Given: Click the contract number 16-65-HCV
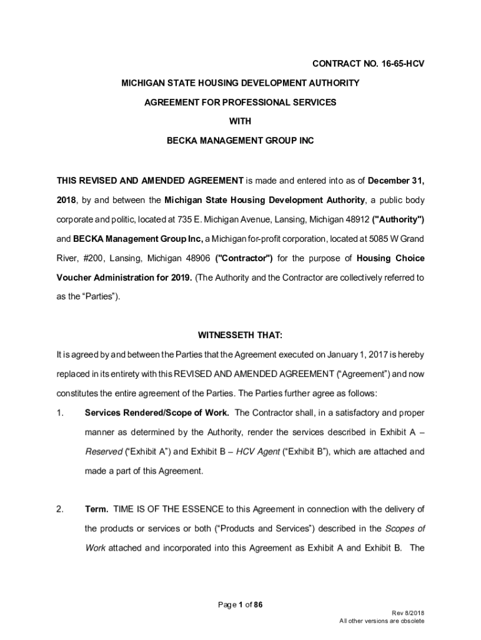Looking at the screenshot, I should coord(394,64).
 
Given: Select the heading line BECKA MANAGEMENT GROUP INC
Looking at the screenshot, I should coord(240,141).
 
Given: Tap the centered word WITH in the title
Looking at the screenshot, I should coord(240,122).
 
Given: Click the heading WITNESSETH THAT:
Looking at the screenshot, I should coord(240,334).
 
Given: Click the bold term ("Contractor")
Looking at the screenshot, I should coord(244,259).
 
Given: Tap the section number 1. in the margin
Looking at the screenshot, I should coord(61,413).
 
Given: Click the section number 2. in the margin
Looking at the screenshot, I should coord(61,509).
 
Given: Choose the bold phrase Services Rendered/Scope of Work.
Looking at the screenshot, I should coord(157,413).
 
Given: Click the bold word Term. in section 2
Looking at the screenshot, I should coord(97,509).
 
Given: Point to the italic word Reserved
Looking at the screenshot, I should coord(104,452).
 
